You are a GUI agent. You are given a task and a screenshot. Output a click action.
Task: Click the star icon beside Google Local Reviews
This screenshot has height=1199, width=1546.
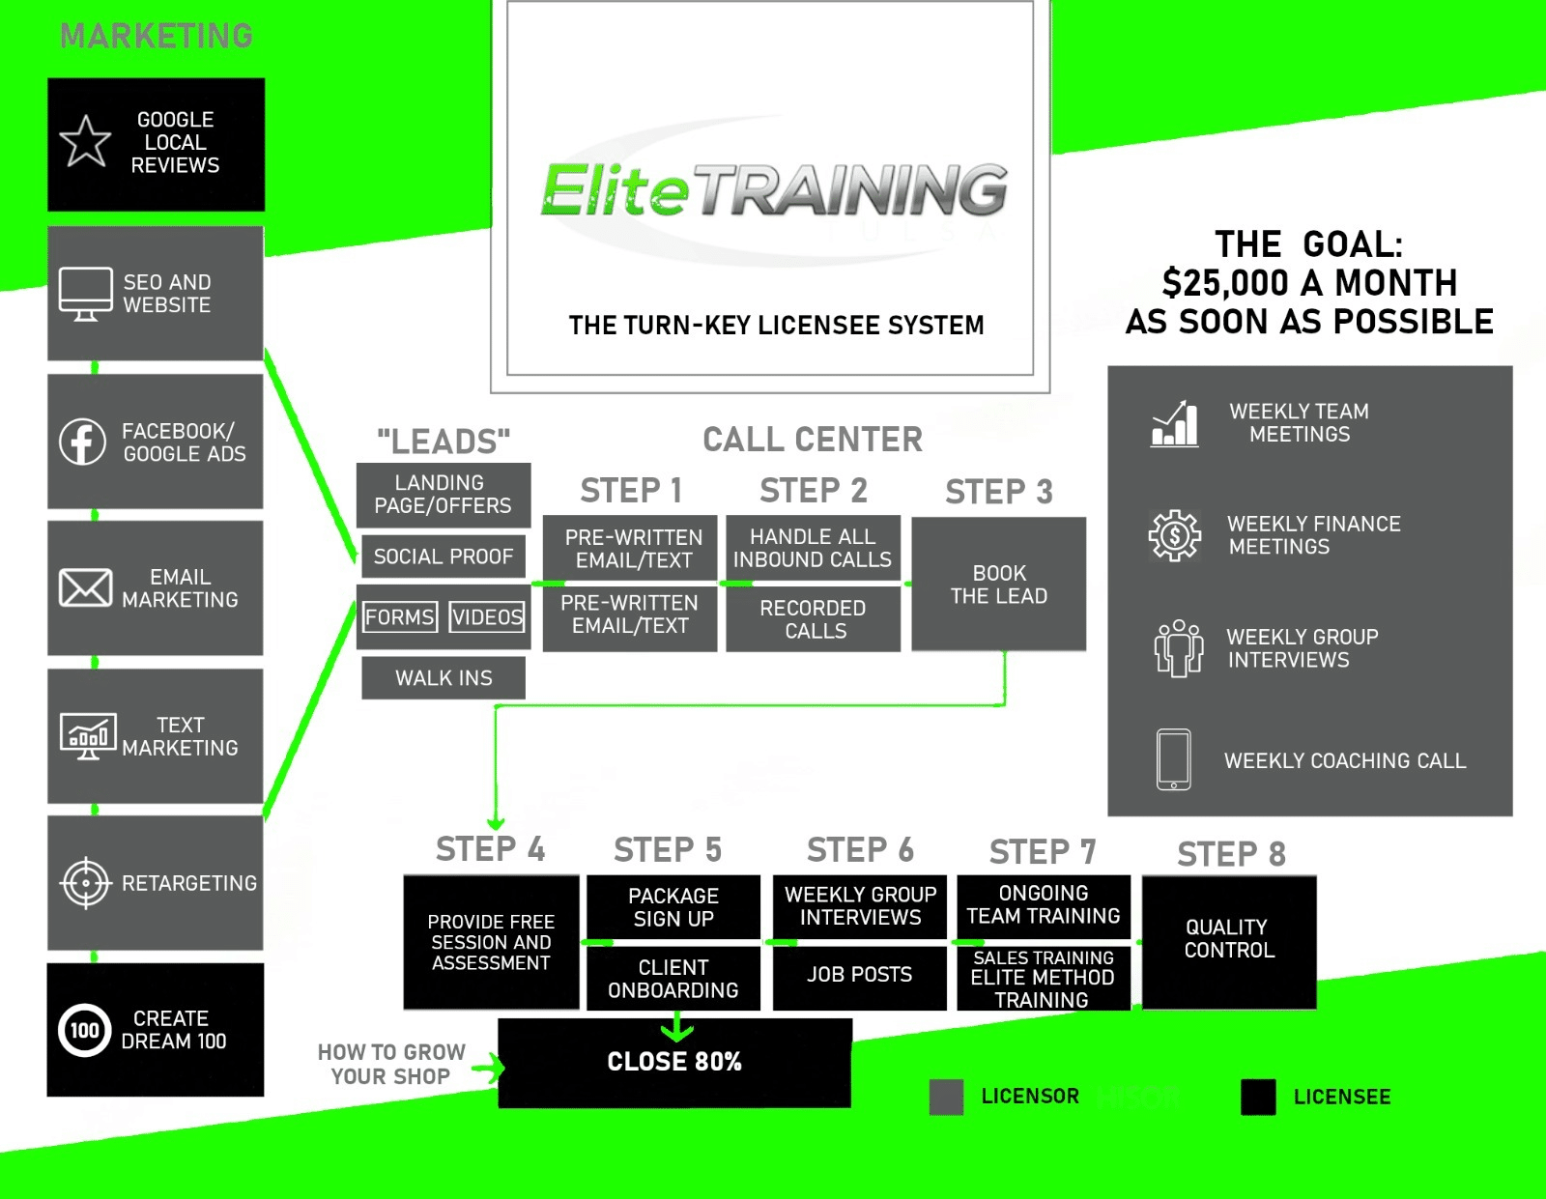pos(85,142)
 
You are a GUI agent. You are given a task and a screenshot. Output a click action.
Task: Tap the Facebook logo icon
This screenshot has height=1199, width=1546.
pos(83,442)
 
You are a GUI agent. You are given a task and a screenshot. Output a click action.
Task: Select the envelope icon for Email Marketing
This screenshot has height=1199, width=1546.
pos(85,587)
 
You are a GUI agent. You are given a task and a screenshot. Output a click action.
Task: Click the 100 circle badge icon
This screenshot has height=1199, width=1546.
pos(84,1030)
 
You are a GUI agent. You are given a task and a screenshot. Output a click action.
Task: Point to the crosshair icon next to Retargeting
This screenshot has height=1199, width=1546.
pos(86,883)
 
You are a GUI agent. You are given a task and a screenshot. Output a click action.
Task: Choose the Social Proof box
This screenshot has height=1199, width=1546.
pos(444,557)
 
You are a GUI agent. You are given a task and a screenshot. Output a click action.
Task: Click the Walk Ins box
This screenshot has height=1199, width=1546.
pos(444,678)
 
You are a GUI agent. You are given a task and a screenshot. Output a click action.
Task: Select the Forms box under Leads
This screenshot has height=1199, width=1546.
pos(400,616)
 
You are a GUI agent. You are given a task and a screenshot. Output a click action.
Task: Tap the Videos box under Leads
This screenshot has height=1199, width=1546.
pos(487,616)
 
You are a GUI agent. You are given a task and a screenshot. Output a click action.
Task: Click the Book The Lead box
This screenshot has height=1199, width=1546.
pos(999,585)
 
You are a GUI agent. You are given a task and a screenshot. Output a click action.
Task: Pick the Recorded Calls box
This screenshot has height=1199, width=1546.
pos(814,619)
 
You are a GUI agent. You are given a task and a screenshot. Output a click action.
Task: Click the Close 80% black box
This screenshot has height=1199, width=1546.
pos(674,1062)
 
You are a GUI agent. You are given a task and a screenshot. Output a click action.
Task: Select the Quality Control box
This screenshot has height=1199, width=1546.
pos(1229,940)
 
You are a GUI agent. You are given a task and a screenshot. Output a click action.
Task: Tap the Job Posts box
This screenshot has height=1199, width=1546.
pos(859,975)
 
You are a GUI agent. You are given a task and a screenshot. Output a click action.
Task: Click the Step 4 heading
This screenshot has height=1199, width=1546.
pos(490,849)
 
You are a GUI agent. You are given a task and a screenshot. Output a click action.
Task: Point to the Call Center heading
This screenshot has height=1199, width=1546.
pos(813,440)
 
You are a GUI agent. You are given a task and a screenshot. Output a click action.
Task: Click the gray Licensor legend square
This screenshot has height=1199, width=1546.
pos(946,1097)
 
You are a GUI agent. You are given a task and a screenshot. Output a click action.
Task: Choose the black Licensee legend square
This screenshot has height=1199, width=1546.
pos(1258,1098)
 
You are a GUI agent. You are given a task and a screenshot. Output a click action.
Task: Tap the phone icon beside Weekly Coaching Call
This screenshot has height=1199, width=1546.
pos(1174,759)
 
